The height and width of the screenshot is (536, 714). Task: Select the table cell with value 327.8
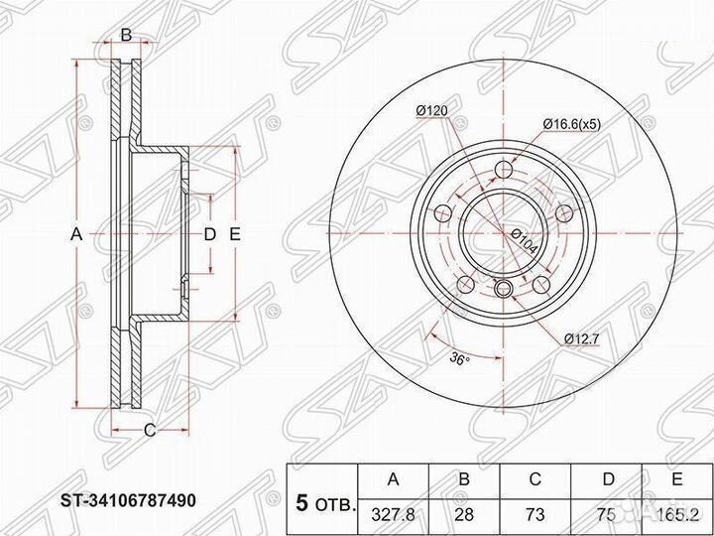394,515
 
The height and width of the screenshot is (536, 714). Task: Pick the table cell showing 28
464,515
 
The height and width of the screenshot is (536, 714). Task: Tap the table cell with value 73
535,515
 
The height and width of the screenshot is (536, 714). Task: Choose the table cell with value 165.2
676,515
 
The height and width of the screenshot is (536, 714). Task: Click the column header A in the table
394,481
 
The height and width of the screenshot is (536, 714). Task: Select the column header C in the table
535,481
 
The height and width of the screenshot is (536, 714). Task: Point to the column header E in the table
676,481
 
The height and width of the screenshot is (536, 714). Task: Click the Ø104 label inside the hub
523,240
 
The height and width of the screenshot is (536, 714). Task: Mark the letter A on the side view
75,235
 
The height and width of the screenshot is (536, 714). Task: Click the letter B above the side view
126,37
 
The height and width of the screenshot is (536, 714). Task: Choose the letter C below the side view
150,430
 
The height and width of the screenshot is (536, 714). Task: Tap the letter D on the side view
209,235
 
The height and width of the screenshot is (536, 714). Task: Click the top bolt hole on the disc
503,168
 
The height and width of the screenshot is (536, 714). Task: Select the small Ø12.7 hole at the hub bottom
503,290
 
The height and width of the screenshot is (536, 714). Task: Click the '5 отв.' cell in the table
323,501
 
